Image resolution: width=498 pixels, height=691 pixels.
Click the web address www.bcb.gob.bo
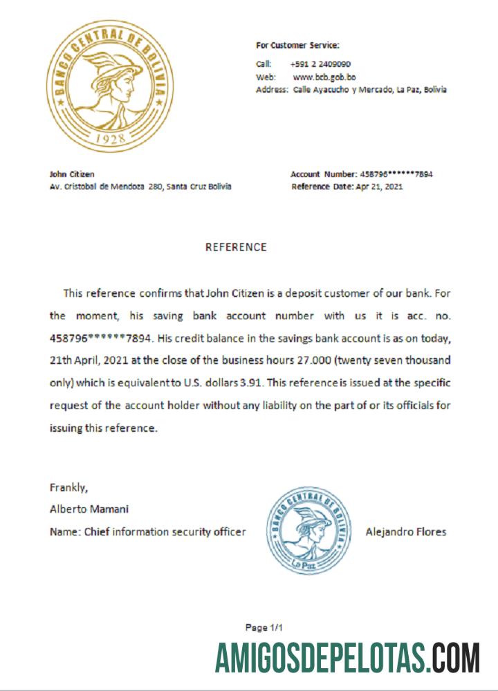324,77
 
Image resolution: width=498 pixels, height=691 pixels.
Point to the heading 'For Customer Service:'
297,46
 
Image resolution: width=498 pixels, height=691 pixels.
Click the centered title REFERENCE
236,247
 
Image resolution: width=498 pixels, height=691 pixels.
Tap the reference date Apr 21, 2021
378,187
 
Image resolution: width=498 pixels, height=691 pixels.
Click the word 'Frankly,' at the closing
68,488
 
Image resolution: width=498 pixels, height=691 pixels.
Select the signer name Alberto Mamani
89,509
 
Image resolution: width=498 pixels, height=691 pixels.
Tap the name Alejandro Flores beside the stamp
406,531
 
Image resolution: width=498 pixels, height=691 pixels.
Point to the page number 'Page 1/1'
264,627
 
